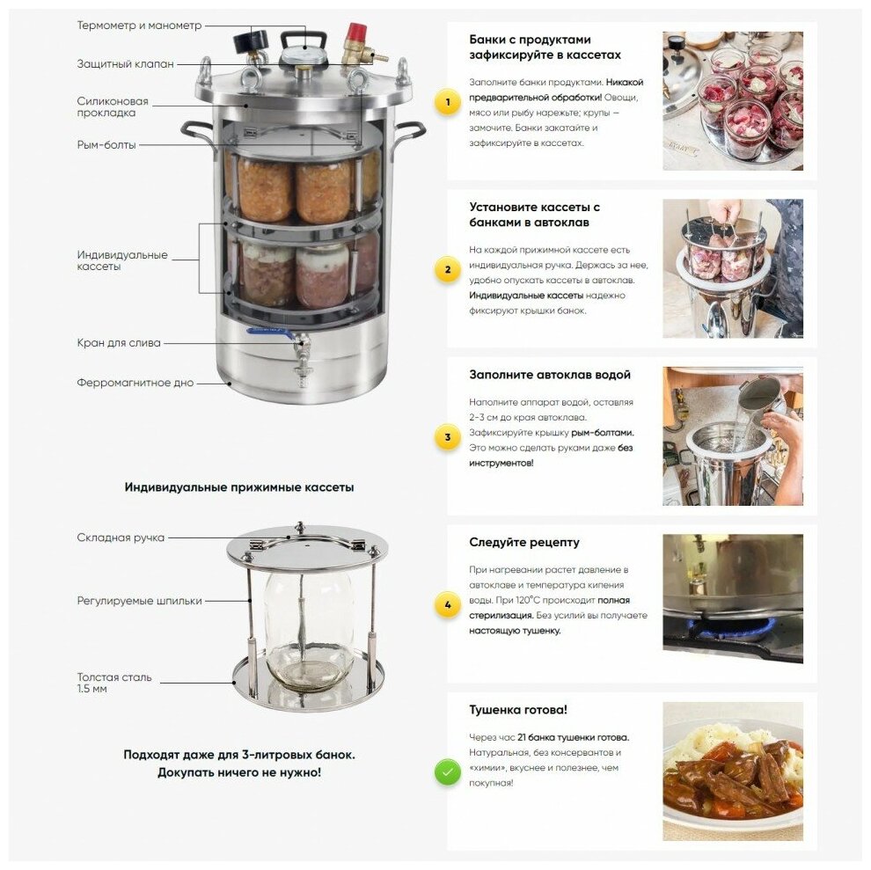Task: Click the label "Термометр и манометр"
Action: (x=139, y=26)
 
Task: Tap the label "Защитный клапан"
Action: (x=126, y=64)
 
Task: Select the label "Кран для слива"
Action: (x=119, y=343)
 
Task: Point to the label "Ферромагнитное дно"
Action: (x=135, y=383)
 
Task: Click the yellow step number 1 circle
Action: (x=448, y=102)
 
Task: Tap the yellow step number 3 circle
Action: (x=448, y=437)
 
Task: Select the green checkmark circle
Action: (x=448, y=772)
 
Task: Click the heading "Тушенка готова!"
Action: (x=517, y=709)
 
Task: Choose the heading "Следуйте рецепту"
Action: (x=523, y=542)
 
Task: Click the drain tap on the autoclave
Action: (x=301, y=355)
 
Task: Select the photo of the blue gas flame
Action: (x=733, y=599)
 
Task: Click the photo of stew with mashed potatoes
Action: (x=733, y=771)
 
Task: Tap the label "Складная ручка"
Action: (x=121, y=537)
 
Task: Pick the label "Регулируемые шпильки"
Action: (x=139, y=601)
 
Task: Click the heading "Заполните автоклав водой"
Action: (x=549, y=375)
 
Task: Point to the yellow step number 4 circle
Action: (x=448, y=604)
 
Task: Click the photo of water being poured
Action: (x=733, y=436)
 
